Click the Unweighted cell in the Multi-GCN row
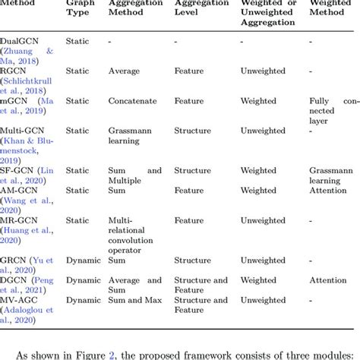coord(267,131)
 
